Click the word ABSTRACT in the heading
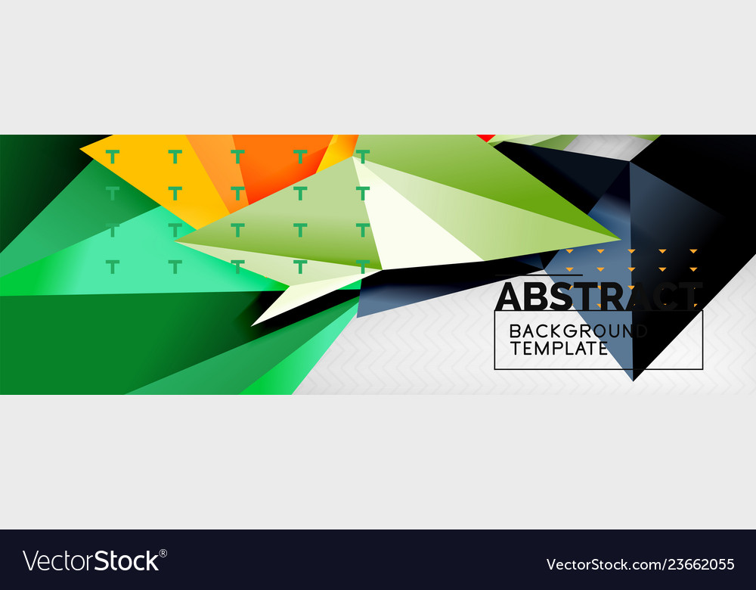(x=598, y=296)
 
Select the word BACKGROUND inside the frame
(x=578, y=331)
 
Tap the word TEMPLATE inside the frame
(x=559, y=348)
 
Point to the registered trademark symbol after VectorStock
(x=163, y=552)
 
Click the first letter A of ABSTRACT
(x=510, y=296)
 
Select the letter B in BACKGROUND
(x=516, y=331)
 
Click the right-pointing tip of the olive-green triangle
(x=618, y=238)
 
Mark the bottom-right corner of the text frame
(x=702, y=368)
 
